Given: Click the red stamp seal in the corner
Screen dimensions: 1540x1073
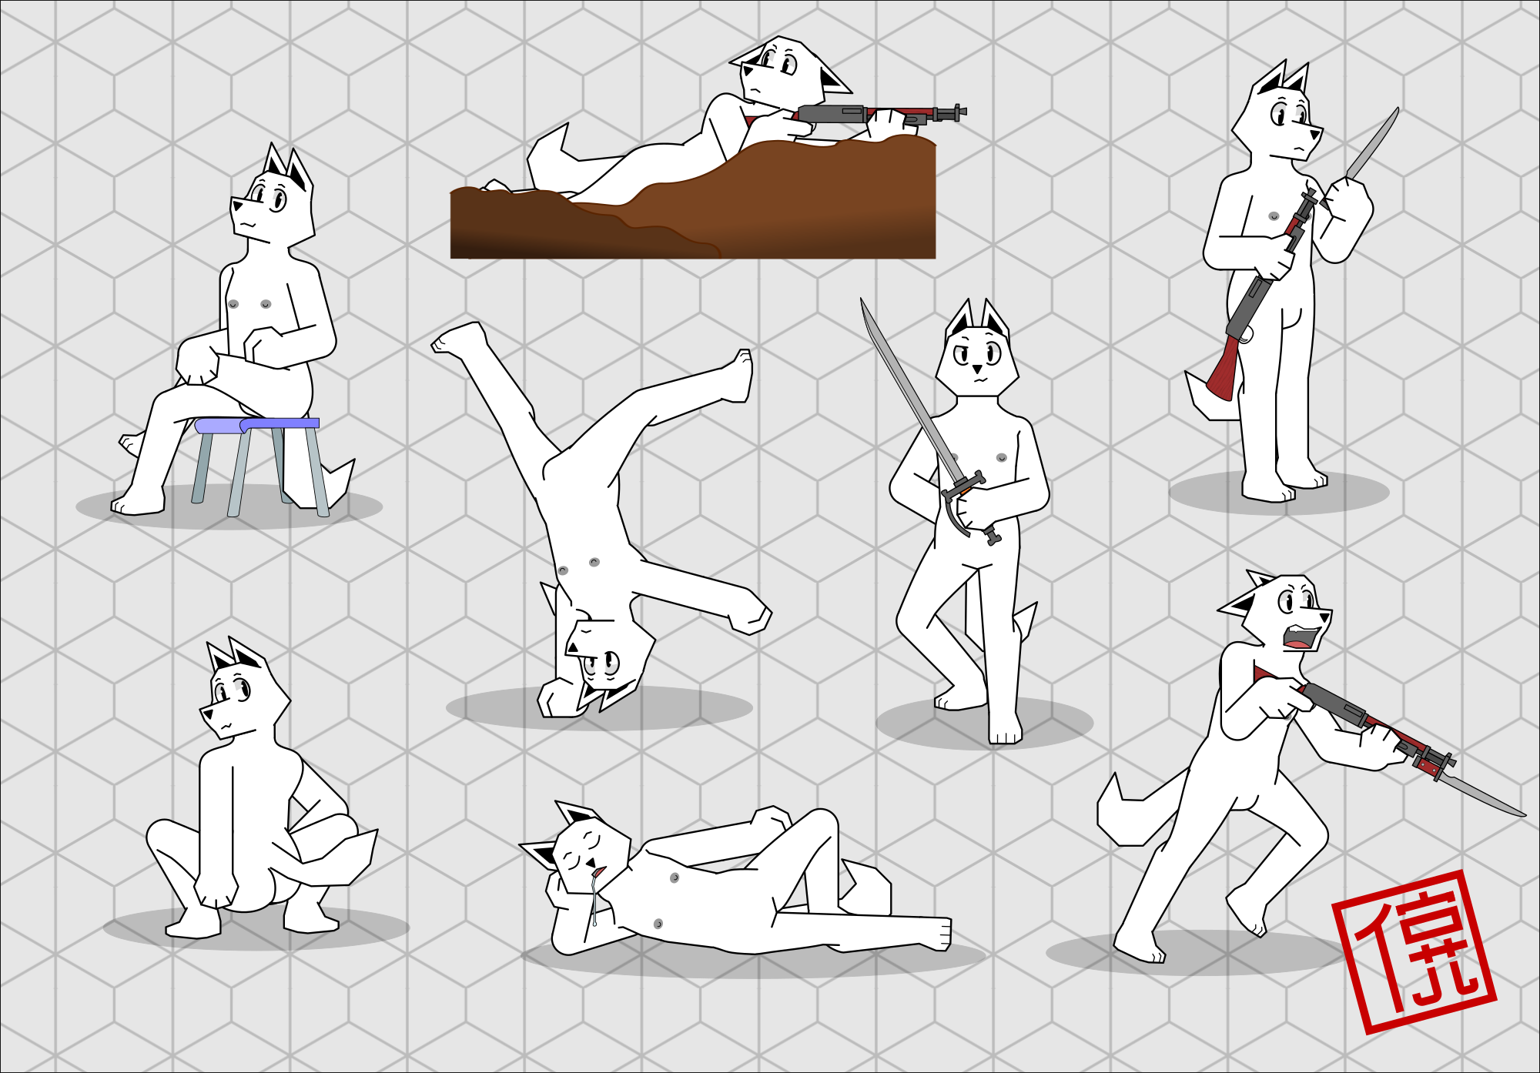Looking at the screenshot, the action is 1414,952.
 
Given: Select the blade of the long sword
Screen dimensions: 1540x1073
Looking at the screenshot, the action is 909,389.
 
